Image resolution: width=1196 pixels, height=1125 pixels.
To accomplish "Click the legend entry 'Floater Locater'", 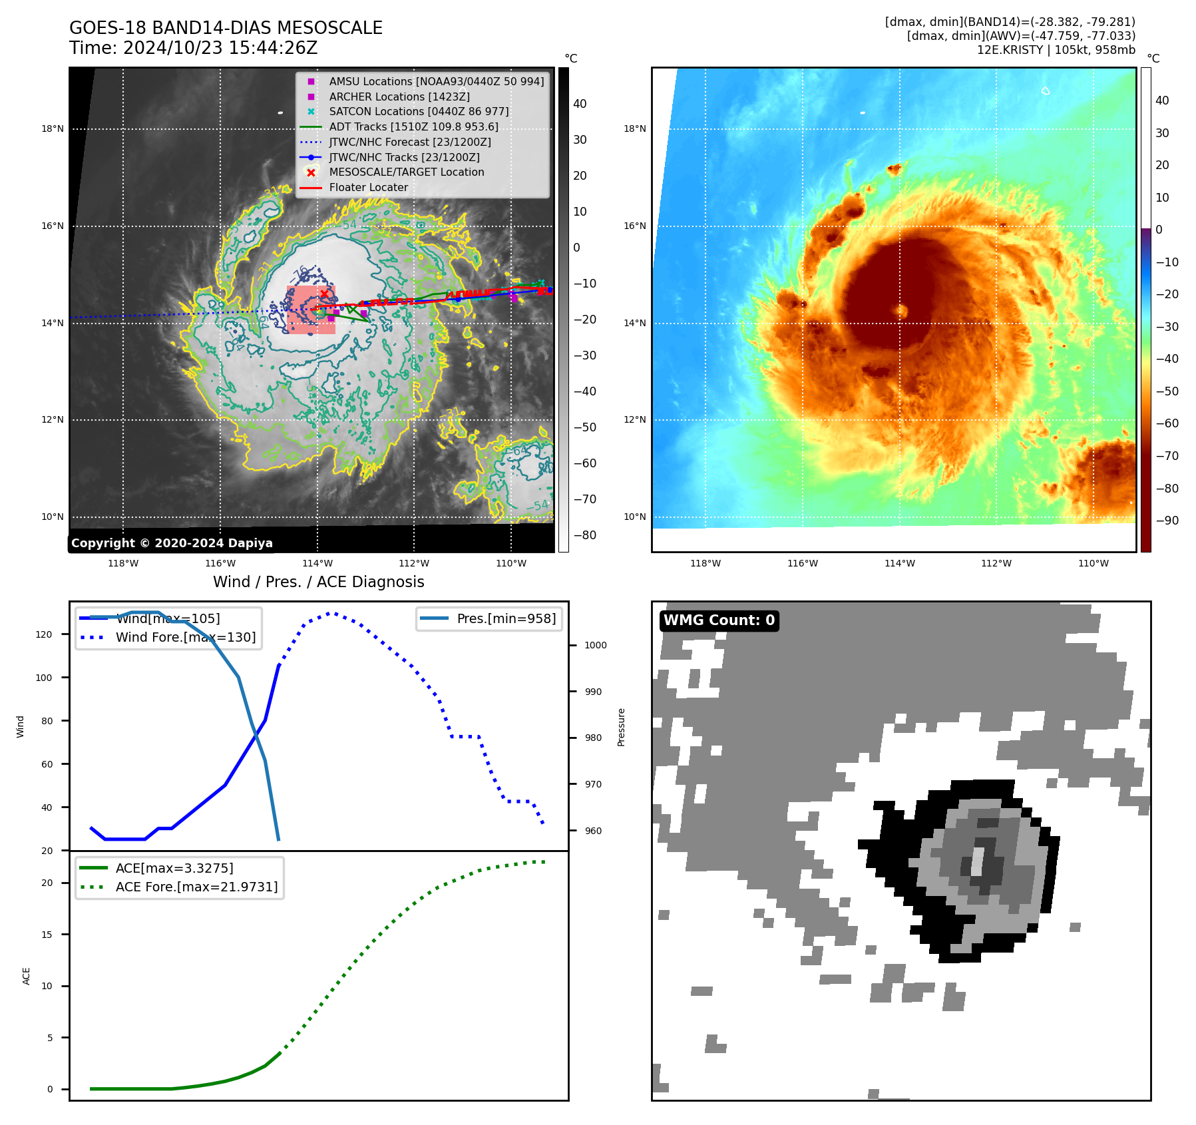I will [368, 188].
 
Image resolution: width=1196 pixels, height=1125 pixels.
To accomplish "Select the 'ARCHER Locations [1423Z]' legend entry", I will [399, 97].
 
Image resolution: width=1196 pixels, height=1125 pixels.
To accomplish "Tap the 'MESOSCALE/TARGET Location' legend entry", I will [406, 172].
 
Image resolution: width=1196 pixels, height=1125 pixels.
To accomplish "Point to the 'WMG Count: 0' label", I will [719, 620].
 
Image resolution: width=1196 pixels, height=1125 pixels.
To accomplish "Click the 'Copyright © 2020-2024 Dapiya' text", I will [172, 543].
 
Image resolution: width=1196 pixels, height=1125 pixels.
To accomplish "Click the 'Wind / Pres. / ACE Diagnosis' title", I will [318, 582].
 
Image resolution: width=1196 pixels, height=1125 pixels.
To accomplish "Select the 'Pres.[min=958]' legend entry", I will [506, 618].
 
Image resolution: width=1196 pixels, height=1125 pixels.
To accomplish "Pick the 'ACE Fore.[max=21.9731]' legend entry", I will [196, 887].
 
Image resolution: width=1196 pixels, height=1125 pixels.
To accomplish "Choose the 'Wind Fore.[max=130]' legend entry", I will [185, 637].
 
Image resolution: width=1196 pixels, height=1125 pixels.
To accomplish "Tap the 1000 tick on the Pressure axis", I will [595, 645].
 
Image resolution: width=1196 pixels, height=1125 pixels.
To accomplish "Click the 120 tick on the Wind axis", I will [44, 634].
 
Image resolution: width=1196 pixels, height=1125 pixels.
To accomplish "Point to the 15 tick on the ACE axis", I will [47, 935].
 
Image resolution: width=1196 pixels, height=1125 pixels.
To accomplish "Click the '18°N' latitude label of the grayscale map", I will [53, 129].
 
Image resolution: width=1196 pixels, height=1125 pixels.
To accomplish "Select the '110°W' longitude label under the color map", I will [1093, 564].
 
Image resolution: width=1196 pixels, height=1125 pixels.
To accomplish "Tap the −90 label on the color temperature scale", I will [1167, 521].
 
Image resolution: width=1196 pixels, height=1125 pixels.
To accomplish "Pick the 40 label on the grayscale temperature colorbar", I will [580, 104].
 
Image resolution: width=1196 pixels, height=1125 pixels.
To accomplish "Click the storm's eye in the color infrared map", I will [902, 310].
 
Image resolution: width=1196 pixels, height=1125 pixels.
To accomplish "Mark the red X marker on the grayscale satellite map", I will [324, 294].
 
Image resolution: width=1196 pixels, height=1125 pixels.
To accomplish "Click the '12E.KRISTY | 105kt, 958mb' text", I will [1056, 50].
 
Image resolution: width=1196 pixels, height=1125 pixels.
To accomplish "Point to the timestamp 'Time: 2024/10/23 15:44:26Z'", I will [193, 49].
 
